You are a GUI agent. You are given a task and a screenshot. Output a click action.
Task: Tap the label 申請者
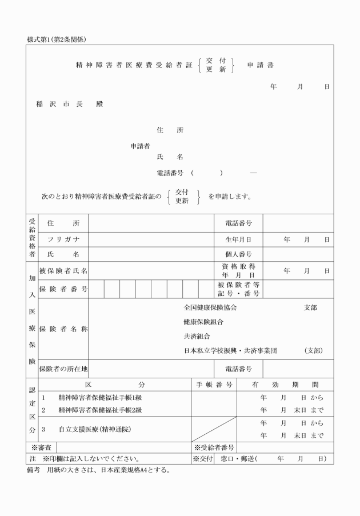coord(141,145)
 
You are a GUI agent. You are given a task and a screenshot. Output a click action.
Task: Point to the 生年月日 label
coord(238,239)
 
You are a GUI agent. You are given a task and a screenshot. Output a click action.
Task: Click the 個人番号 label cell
coord(238,254)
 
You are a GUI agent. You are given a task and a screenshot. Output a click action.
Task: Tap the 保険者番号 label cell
coord(63,289)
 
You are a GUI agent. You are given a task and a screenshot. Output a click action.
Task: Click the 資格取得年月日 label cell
coord(238,270)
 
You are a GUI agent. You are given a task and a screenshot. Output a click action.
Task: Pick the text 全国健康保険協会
coord(210,307)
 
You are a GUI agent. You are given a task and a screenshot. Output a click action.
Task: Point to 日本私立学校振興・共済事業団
coord(230,350)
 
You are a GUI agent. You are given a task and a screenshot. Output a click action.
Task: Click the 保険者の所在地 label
coord(63,369)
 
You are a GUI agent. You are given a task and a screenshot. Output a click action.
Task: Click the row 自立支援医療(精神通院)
coord(94,429)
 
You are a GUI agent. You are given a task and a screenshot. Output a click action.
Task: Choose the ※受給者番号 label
coord(213,447)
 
